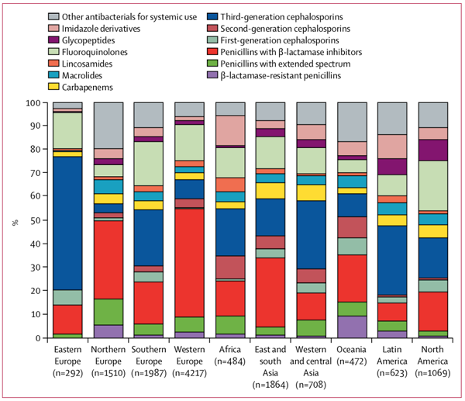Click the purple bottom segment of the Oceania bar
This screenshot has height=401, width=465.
pos(353,327)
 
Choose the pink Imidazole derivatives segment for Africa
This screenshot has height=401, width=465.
pos(231,130)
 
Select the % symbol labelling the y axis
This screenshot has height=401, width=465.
pos(15,221)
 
